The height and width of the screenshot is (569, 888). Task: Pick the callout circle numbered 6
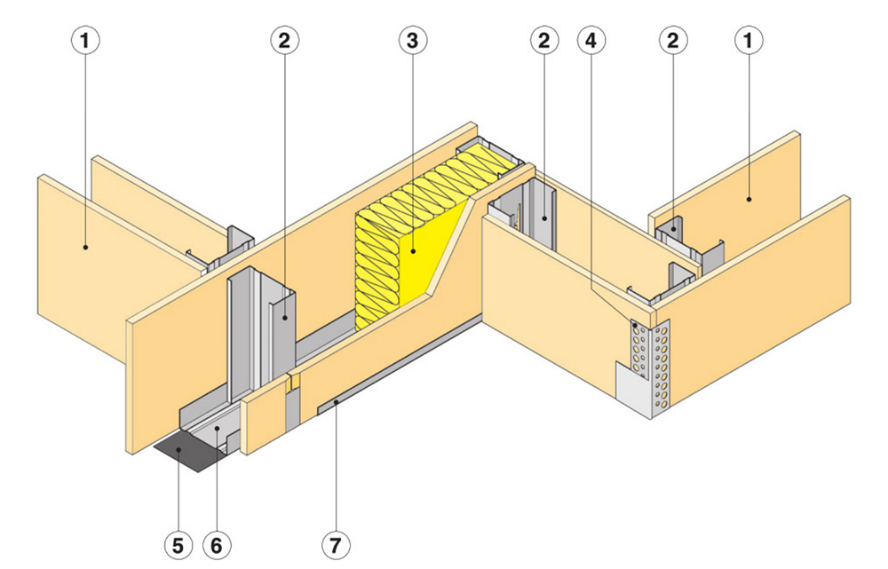click(216, 543)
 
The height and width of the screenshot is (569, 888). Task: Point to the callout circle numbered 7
click(337, 543)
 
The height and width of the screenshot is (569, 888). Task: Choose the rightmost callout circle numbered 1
click(749, 40)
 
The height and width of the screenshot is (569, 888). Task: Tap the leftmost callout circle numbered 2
click(285, 40)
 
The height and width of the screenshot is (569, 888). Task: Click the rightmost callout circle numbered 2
click(674, 40)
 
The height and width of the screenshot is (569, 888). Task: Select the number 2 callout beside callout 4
click(543, 40)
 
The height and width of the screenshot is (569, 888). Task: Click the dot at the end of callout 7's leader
click(336, 402)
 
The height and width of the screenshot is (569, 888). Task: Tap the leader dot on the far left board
click(85, 248)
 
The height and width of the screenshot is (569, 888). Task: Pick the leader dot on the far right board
click(749, 199)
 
